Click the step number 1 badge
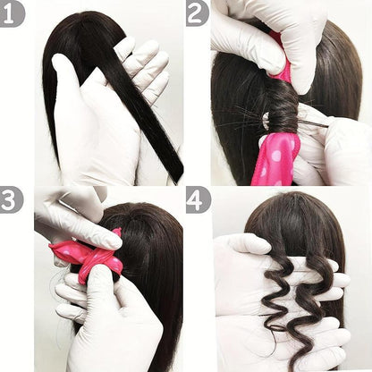pos(12,13)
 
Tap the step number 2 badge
pos(197,13)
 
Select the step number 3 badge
pos(12,199)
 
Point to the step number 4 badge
pos(197,199)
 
